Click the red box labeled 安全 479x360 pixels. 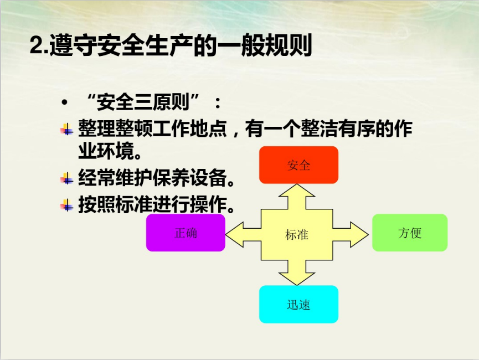click(298, 165)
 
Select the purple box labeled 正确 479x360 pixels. click(186, 233)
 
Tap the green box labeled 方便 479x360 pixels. click(410, 233)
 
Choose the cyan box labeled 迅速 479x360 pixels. click(298, 305)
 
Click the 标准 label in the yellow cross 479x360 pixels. click(297, 235)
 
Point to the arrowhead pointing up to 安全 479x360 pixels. click(297, 191)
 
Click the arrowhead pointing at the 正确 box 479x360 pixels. click(234, 235)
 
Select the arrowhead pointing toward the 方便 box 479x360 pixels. click(359, 235)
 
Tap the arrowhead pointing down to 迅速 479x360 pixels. click(297, 279)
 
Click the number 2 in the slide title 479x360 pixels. click(37, 45)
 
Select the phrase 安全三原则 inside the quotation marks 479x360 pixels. click(143, 102)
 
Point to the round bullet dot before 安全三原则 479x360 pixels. click(64, 102)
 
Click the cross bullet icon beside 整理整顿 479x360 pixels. click(67, 129)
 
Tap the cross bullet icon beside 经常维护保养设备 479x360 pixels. click(67, 178)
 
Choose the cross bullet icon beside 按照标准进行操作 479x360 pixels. click(67, 205)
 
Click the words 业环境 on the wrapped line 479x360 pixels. click(106, 151)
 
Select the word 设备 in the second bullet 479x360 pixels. click(209, 178)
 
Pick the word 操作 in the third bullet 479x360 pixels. click(209, 204)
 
